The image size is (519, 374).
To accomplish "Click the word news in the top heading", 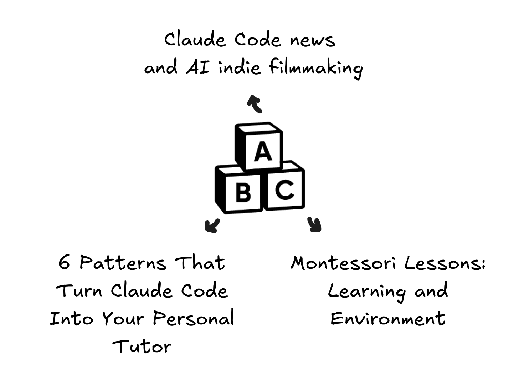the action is click(x=312, y=40).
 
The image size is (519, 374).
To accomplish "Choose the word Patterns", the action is click(x=123, y=263).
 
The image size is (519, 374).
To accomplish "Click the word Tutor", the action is click(x=142, y=346).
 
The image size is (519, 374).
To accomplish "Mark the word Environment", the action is click(x=388, y=318).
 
